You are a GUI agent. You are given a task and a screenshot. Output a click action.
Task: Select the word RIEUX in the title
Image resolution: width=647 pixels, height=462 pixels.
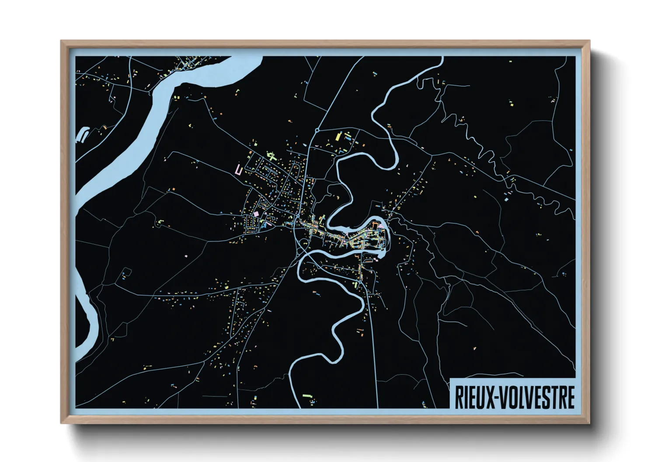(474, 397)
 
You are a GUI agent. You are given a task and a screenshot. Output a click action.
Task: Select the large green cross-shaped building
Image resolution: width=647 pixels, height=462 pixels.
(271, 155)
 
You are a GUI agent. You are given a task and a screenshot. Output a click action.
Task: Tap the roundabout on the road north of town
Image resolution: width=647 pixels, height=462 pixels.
(317, 130)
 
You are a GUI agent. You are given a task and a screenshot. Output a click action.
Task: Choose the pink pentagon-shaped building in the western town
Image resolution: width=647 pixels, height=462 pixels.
(255, 214)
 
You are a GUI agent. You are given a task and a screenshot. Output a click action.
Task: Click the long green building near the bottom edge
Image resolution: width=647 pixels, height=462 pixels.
(308, 396)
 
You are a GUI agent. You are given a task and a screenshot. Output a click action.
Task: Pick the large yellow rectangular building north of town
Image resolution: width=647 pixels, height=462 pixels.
(337, 137)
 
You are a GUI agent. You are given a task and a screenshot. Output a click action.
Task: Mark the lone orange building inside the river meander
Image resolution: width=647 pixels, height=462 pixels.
(337, 197)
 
